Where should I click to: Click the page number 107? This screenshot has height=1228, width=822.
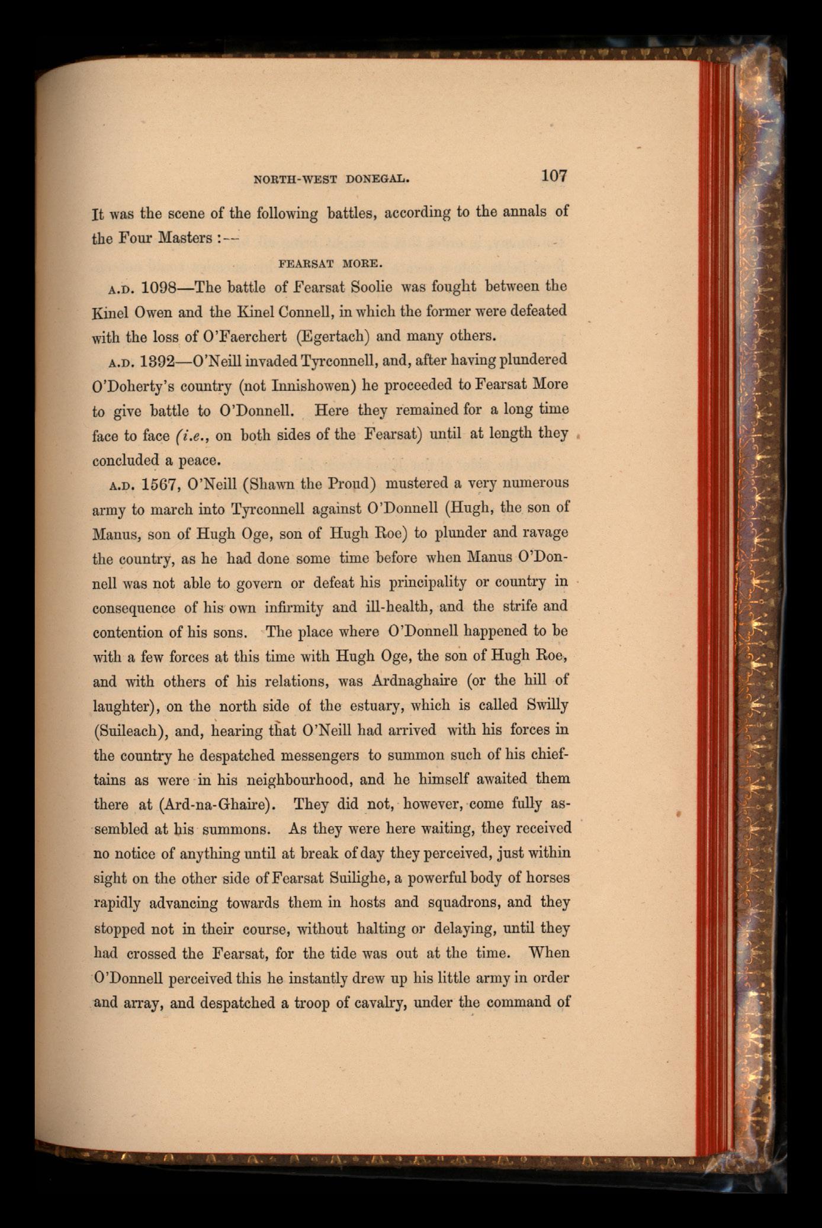click(553, 176)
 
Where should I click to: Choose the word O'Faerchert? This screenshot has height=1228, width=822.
click(245, 336)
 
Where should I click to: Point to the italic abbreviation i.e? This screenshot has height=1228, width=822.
click(192, 435)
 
